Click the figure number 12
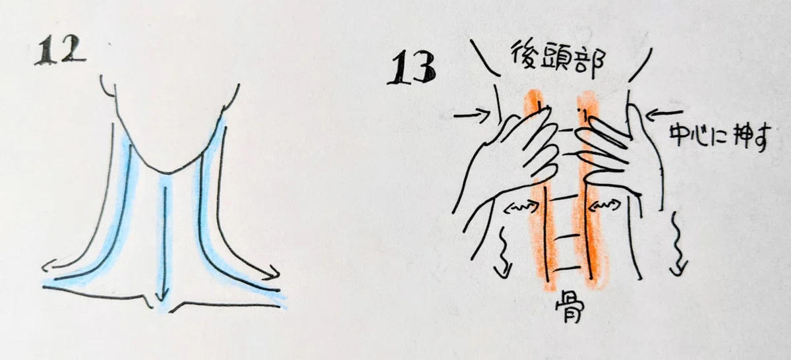coord(60,51)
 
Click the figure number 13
coord(412,68)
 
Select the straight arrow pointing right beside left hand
coord(472,115)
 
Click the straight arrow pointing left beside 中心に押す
coord(664,114)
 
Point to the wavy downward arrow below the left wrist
coord(504,253)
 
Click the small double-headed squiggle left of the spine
coord(523,208)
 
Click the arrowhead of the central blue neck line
coord(161,296)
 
